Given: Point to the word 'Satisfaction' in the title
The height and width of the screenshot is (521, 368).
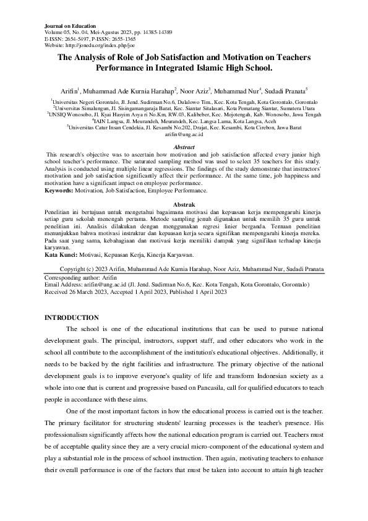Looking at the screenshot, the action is pyautogui.click(x=191, y=57).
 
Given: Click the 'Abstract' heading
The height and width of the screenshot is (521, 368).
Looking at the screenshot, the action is pyautogui.click(x=184, y=147).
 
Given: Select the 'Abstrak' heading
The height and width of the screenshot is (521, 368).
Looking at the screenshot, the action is pyautogui.click(x=184, y=204).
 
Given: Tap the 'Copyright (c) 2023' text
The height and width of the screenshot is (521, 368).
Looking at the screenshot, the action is pyautogui.click(x=85, y=270).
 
